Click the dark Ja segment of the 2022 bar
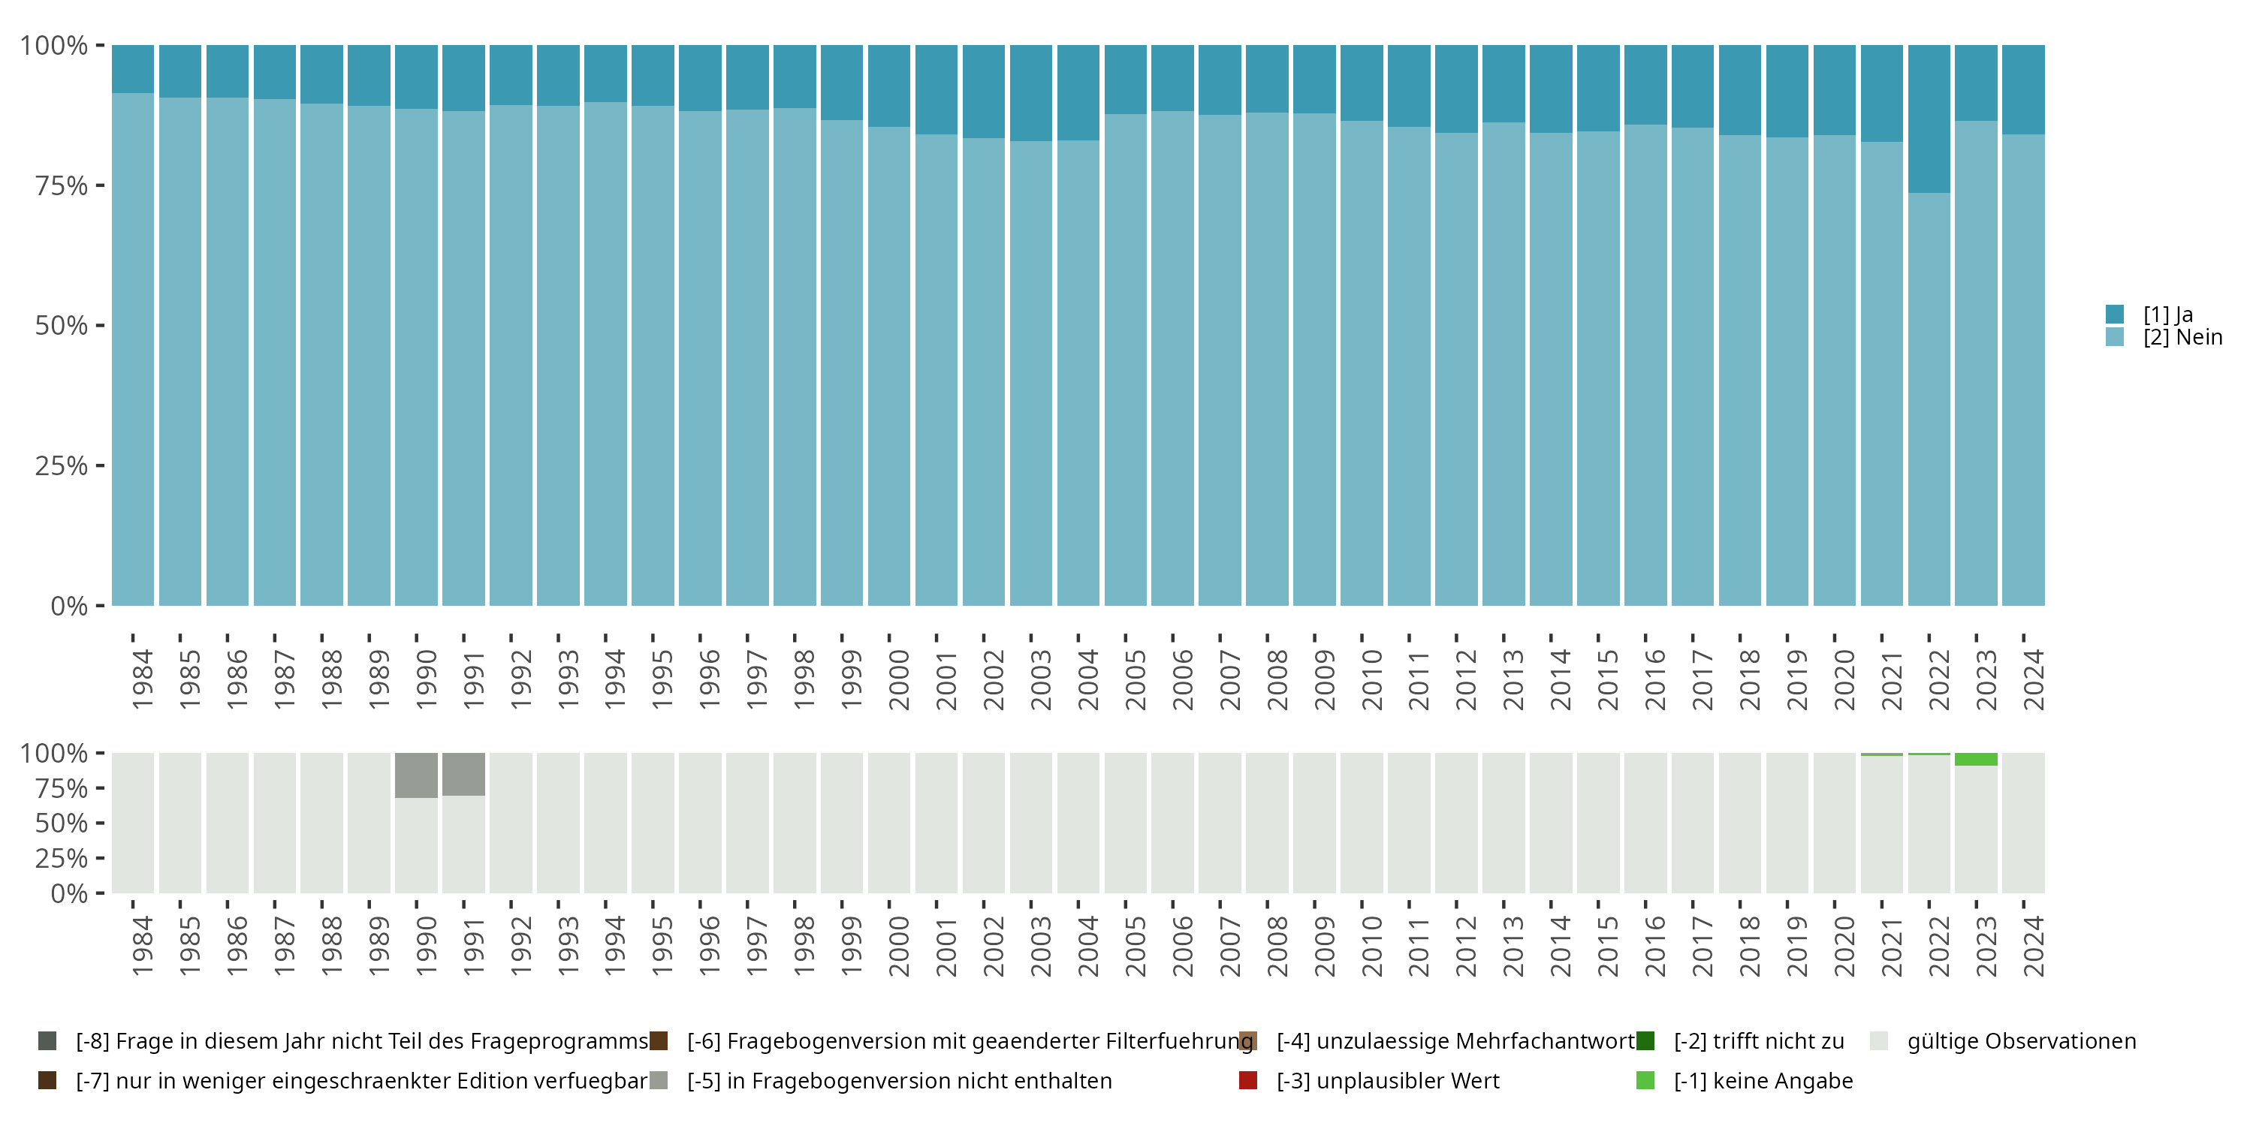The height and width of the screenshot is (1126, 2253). (x=1929, y=118)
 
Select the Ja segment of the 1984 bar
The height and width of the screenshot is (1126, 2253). (x=133, y=68)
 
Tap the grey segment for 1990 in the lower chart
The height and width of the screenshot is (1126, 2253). (x=416, y=775)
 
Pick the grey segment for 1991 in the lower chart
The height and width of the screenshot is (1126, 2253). (x=463, y=774)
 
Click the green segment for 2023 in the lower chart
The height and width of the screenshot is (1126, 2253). (x=1976, y=759)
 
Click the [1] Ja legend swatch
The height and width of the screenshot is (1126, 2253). (x=2114, y=314)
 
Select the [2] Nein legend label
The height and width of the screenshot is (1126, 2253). (x=2182, y=338)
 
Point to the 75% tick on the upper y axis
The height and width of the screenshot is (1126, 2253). (x=62, y=185)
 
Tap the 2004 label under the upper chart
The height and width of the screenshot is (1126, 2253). (x=1087, y=679)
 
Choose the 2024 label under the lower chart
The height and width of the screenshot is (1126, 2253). (x=2034, y=946)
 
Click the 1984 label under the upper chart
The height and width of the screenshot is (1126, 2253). (x=142, y=679)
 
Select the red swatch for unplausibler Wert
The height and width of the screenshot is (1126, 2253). (x=1248, y=1080)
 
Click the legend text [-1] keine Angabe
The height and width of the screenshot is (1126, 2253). (x=1763, y=1080)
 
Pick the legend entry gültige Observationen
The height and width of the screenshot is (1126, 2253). (x=2020, y=1041)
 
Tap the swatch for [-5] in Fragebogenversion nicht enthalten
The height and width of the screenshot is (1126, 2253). (x=659, y=1080)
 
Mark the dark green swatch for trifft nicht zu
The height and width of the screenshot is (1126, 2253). (x=1645, y=1041)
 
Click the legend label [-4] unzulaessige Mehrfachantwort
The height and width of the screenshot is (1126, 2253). (x=1455, y=1041)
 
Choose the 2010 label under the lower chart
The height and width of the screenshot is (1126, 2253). (x=1371, y=946)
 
